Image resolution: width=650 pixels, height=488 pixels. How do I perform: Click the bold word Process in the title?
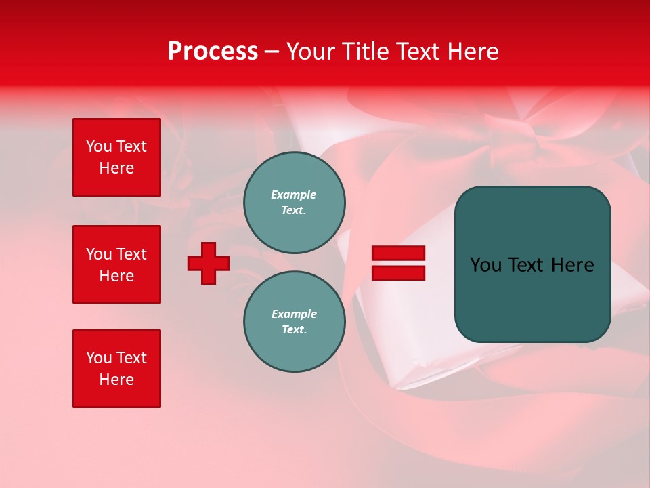tap(213, 52)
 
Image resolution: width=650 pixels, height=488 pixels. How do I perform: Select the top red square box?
tap(116, 157)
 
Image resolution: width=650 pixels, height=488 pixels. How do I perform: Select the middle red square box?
tap(116, 264)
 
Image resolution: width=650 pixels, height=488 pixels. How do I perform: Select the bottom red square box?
tap(116, 369)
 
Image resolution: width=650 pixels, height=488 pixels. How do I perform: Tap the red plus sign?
tap(209, 263)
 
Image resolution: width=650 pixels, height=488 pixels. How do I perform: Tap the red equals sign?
tap(398, 263)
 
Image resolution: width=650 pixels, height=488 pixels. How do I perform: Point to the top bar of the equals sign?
tap(398, 253)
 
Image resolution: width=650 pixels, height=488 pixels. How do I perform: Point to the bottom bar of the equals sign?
tap(398, 272)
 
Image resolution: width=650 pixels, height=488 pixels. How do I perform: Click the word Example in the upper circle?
tap(293, 195)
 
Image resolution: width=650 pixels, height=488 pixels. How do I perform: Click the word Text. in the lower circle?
tap(294, 329)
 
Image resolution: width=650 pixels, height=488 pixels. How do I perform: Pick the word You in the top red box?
tap(98, 146)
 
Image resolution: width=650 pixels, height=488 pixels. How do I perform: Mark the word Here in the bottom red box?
tap(116, 380)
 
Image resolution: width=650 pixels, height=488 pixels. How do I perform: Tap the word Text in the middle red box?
tap(131, 254)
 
